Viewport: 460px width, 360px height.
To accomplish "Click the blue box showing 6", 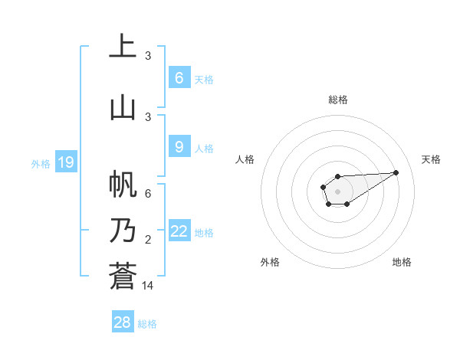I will [179, 78].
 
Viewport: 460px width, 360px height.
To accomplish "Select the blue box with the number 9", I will [179, 147].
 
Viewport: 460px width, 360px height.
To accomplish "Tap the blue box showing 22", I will [179, 231].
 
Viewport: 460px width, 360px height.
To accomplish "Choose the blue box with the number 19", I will [65, 162].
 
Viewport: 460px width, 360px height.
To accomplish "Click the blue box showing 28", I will [122, 322].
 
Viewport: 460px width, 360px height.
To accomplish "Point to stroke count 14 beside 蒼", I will [148, 286].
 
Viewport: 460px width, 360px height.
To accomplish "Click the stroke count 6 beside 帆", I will [148, 194].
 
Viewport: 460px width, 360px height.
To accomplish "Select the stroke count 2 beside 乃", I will [148, 240].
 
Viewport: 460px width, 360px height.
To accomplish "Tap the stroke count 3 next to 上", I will [148, 56].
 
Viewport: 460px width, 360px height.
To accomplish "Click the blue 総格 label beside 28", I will [147, 324].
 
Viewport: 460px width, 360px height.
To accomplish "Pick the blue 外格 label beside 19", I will [41, 163].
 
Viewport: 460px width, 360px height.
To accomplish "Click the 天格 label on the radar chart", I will [432, 159].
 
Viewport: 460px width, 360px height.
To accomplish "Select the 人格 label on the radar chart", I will [245, 159].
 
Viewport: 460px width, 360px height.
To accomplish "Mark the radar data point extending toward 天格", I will [396, 172].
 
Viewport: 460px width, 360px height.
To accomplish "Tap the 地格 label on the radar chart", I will [402, 262].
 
